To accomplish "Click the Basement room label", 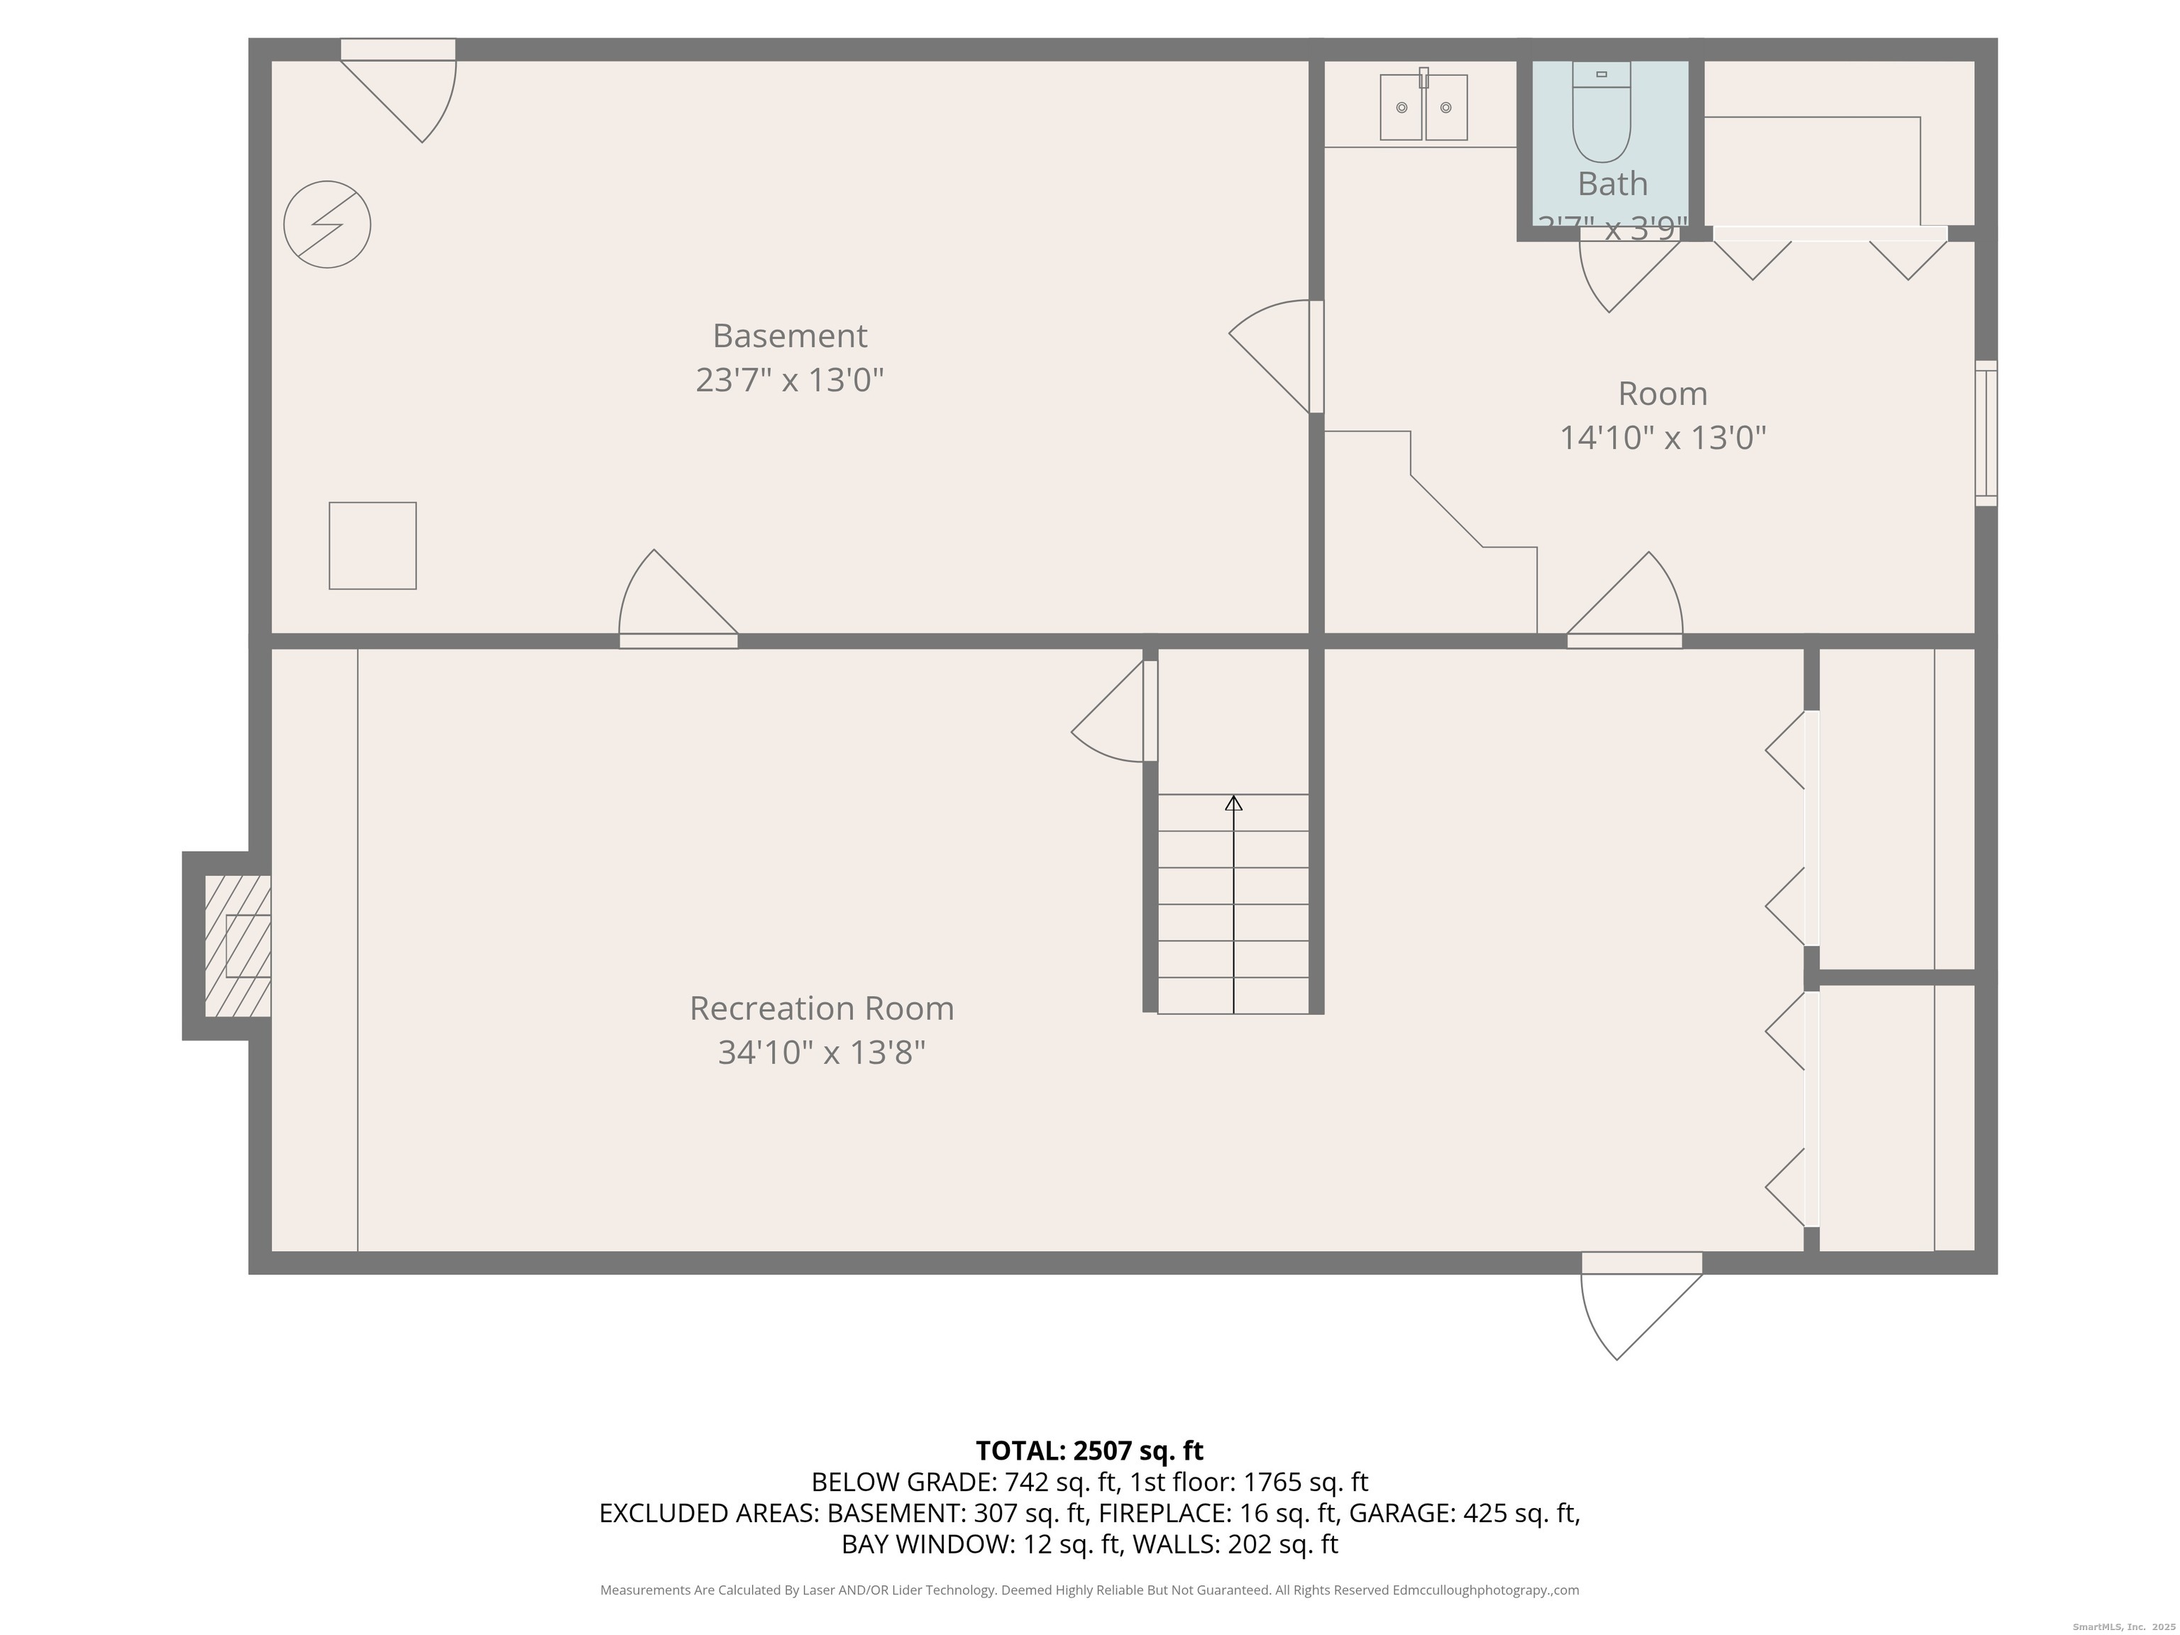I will (x=789, y=336).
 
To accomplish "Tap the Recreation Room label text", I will (x=821, y=1008).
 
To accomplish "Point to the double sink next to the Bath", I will (x=1423, y=107).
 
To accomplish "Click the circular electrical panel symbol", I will (x=327, y=225).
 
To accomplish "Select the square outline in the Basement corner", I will (x=373, y=546).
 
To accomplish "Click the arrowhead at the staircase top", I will (x=1233, y=803).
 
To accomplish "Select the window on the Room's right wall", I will (x=1986, y=434).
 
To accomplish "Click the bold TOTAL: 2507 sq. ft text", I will (x=1089, y=1450).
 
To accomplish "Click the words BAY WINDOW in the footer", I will (x=926, y=1544).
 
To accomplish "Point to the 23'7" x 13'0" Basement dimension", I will (x=789, y=380).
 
